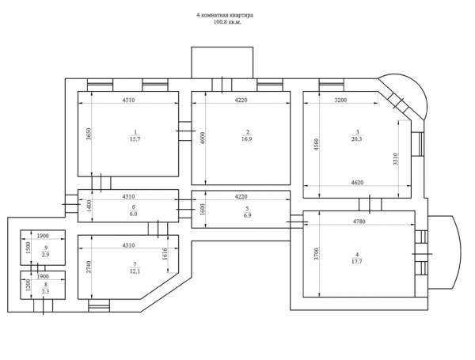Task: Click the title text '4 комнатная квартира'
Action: tap(225, 16)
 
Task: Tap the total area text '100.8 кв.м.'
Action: tap(227, 22)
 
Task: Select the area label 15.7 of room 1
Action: tap(135, 139)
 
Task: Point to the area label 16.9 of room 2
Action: tap(247, 139)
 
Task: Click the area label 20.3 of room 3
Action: tap(357, 139)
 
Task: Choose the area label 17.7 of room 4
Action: tap(357, 262)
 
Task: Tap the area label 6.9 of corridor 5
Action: tap(247, 215)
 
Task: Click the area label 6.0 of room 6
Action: tap(133, 214)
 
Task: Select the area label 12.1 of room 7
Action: tap(135, 271)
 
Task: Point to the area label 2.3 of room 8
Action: tap(45, 292)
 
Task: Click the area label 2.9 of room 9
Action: tap(45, 255)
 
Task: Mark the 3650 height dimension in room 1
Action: tap(88, 134)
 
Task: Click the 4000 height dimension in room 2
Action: tap(203, 138)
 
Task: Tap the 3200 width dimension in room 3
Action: tap(340, 100)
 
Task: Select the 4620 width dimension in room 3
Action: tap(357, 183)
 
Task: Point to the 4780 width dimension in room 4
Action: tap(359, 222)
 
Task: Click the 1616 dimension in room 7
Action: tap(165, 254)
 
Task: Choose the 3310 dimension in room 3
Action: tap(396, 159)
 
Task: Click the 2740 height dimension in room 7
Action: tap(88, 267)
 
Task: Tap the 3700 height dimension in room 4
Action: tap(316, 254)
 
